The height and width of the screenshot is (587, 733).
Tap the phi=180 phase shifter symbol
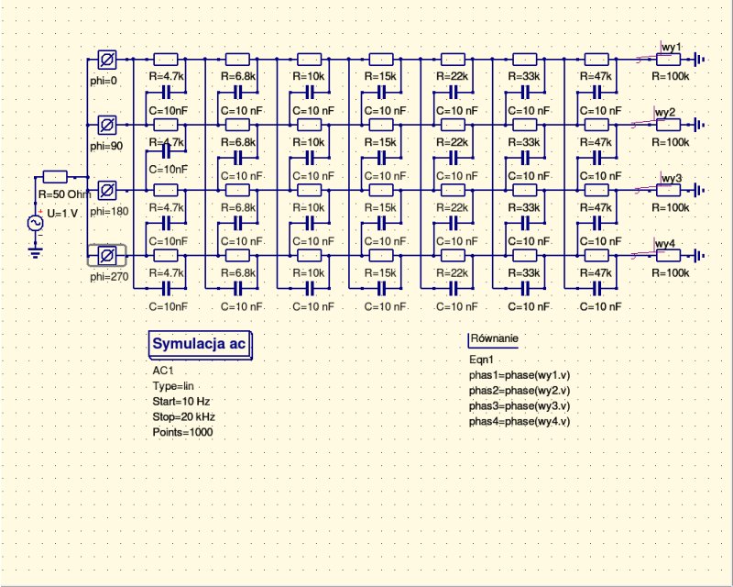(106, 190)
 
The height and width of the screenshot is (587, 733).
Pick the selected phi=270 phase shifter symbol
(106, 255)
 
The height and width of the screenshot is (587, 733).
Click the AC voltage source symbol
(38, 223)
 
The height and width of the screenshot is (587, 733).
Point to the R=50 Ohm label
(62, 194)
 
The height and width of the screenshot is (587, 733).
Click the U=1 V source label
(62, 213)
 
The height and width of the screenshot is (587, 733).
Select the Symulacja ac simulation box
(199, 344)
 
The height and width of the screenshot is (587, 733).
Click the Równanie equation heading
(494, 338)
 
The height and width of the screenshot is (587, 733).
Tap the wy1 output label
(671, 46)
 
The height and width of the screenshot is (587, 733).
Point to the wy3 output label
(671, 177)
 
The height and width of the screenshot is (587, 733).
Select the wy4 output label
(664, 243)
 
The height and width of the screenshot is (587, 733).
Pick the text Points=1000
(182, 432)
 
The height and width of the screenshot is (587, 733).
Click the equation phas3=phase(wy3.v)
(520, 405)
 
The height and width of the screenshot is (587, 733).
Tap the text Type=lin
(173, 386)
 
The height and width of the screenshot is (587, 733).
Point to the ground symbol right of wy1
(701, 61)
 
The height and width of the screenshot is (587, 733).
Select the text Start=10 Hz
(182, 401)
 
